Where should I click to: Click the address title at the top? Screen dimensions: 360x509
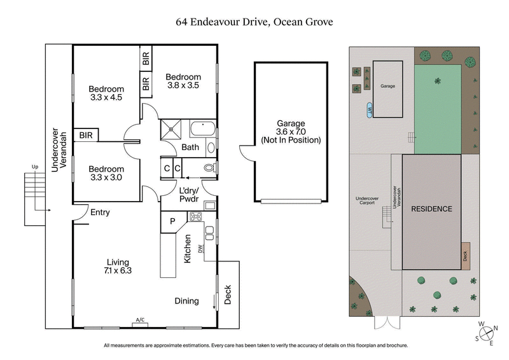[254, 22]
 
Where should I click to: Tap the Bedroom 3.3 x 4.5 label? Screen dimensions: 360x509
[105, 93]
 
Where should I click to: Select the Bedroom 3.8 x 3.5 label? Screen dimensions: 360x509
[184, 81]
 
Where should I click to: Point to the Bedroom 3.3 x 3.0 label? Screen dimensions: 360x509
[105, 164]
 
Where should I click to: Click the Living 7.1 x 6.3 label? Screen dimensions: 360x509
[118, 266]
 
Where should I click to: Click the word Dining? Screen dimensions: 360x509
[186, 301]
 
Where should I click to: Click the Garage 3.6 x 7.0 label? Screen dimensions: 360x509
[290, 132]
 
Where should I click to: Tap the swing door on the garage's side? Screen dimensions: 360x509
[246, 153]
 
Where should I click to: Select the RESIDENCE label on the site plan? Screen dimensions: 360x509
[431, 209]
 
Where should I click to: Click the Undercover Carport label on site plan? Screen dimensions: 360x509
[367, 202]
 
